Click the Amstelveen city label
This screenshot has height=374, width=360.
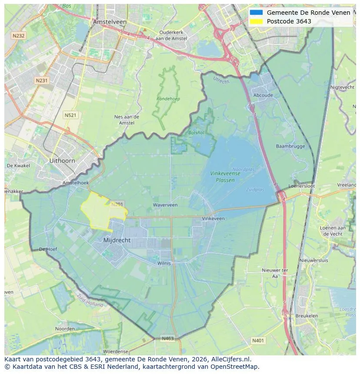tap(110, 22)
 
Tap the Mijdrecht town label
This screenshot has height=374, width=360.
tap(117, 240)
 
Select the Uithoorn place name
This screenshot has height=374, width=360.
tap(62, 161)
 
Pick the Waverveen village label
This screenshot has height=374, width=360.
tap(165, 205)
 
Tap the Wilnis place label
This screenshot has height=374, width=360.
tap(164, 263)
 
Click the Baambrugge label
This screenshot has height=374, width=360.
tap(290, 146)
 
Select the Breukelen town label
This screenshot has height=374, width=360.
tap(306, 316)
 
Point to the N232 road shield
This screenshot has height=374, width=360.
tap(19, 36)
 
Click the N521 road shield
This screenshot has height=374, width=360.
tap(70, 115)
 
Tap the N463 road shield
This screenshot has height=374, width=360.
tap(168, 338)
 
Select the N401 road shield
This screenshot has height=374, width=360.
tap(258, 341)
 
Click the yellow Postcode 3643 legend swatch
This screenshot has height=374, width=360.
tap(256, 21)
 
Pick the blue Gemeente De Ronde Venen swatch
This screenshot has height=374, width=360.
tap(256, 13)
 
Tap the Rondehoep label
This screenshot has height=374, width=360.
tap(168, 99)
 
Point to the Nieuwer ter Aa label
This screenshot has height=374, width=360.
tap(275, 273)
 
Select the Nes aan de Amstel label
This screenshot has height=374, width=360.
tap(127, 120)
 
